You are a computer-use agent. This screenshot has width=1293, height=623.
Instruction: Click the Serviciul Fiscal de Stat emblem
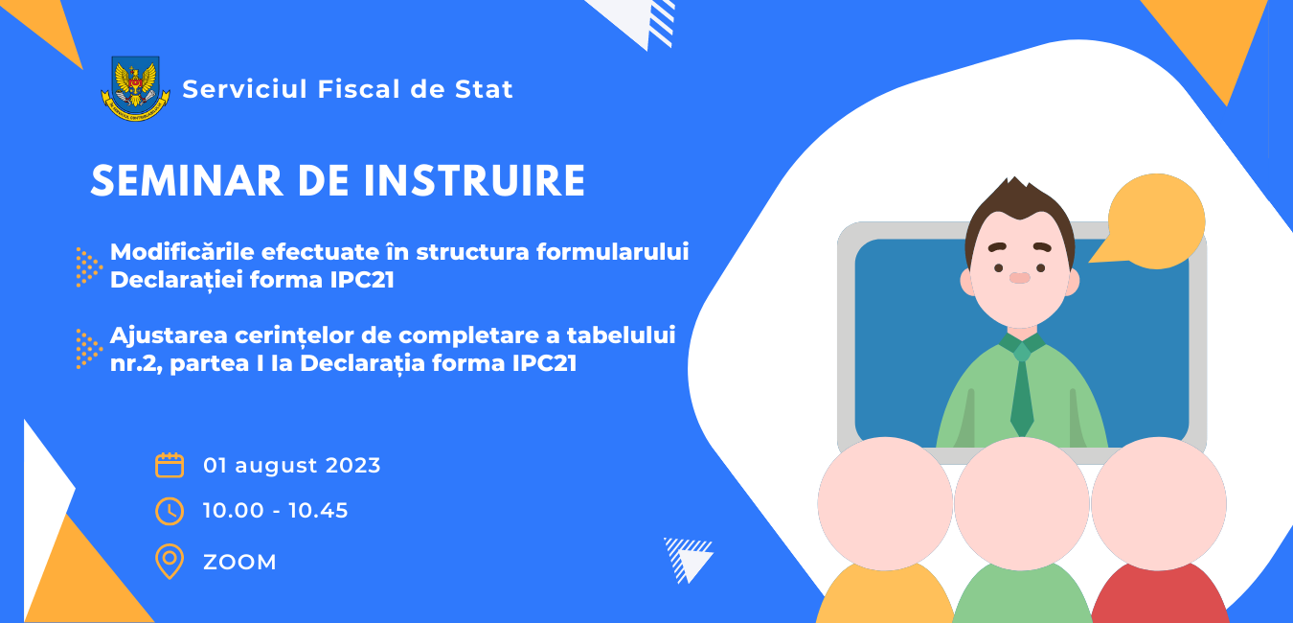(x=136, y=88)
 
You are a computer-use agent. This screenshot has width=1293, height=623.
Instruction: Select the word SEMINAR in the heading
(x=187, y=181)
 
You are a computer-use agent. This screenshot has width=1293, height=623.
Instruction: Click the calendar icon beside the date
(x=170, y=466)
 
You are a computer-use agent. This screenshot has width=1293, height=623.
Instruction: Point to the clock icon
(x=170, y=511)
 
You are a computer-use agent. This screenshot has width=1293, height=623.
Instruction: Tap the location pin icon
(x=170, y=561)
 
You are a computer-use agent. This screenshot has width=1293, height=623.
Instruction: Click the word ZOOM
(x=239, y=563)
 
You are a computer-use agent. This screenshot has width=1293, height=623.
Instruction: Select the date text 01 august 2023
(x=291, y=466)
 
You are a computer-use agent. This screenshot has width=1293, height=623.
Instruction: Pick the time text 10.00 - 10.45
(x=275, y=511)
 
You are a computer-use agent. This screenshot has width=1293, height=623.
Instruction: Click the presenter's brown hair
(x=1019, y=208)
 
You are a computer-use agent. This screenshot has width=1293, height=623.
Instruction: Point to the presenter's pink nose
(x=1019, y=278)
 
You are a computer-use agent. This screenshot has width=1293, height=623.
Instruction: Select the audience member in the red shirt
(x=1159, y=528)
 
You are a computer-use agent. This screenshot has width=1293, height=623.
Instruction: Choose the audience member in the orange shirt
(x=885, y=528)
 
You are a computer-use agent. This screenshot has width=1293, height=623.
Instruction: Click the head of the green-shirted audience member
(x=1022, y=503)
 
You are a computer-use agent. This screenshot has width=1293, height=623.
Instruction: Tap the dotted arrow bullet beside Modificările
(x=88, y=266)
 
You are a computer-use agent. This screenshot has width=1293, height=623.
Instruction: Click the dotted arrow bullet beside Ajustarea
(x=88, y=349)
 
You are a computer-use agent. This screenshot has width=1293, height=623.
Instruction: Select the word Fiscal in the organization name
(x=359, y=89)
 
